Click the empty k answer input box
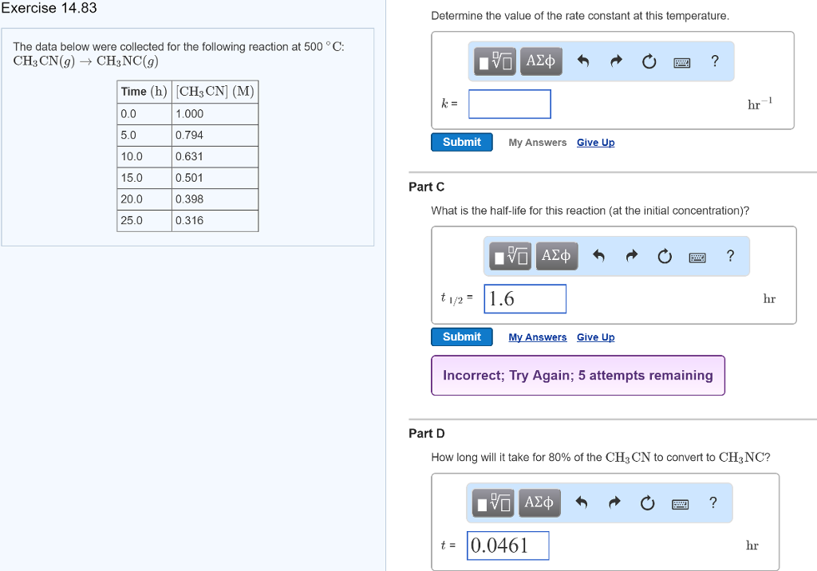coord(509,104)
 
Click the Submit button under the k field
coord(462,142)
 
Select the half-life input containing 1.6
coord(525,299)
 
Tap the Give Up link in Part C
coord(595,337)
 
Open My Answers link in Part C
coord(538,337)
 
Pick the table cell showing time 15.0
coord(144,178)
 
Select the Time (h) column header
coord(144,92)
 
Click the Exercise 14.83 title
coord(49,8)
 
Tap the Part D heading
coord(427,433)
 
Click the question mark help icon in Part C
coord(730,256)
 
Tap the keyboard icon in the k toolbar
coord(681,61)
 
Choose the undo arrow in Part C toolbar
coord(599,257)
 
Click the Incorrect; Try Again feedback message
coord(578,376)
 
